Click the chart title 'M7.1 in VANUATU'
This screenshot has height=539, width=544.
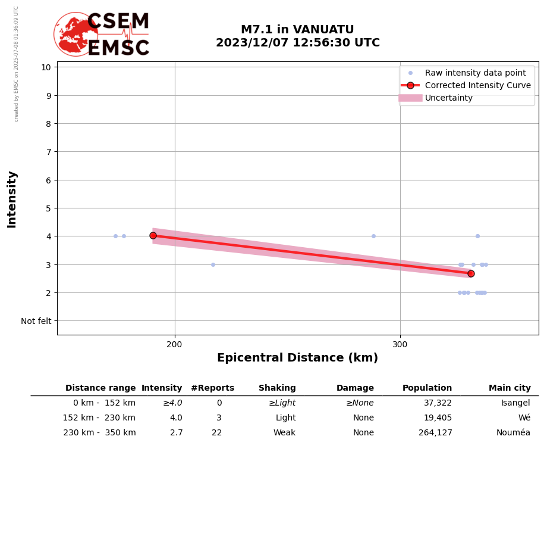tap(297, 30)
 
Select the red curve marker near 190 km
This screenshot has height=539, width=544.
tap(153, 236)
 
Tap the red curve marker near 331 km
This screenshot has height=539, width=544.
tap(471, 273)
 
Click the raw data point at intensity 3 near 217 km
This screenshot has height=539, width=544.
tap(213, 264)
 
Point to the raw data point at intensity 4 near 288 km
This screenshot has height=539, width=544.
tap(373, 236)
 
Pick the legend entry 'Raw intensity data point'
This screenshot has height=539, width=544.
tap(475, 73)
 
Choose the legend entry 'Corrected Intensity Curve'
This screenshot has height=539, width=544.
tap(477, 86)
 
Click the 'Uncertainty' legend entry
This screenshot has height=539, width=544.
tap(448, 98)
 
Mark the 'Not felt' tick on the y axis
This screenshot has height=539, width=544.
tap(36, 322)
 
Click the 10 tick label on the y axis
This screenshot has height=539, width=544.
tap(46, 67)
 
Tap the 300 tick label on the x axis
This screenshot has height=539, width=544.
tap(400, 345)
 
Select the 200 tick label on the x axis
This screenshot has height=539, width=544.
tap(175, 345)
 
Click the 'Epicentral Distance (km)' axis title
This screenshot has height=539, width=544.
tap(297, 359)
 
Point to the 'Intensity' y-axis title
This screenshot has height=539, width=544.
tap(12, 199)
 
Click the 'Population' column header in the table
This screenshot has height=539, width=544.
tap(427, 388)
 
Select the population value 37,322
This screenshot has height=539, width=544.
tap(438, 403)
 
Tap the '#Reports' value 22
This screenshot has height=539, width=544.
tap(216, 433)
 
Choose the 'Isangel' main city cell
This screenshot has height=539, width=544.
tap(515, 403)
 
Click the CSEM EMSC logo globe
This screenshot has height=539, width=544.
tap(75, 34)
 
